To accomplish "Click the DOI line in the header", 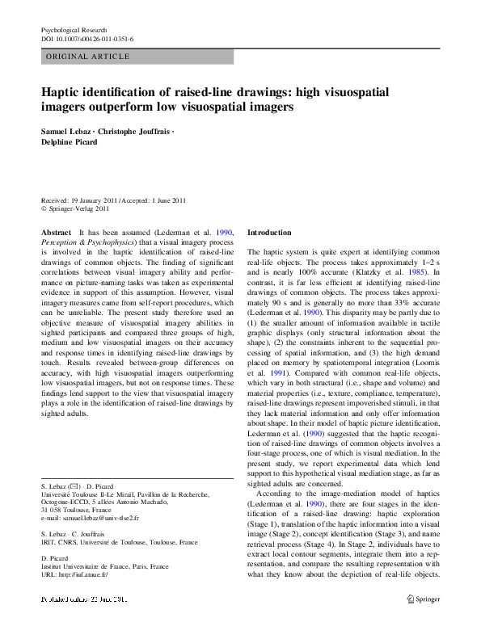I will [87, 38].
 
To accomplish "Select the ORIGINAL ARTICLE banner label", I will [88, 57].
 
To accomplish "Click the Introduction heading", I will [269, 232].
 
